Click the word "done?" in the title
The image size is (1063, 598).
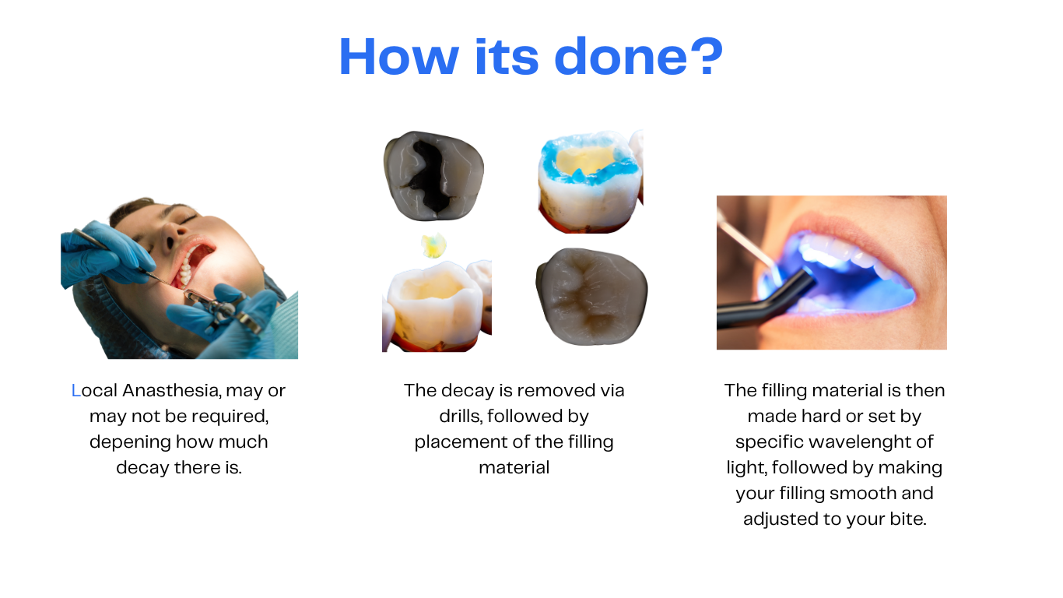tap(638, 57)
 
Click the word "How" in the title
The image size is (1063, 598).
tap(399, 57)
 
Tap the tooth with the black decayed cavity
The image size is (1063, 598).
tap(433, 176)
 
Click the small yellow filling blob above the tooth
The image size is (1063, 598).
tap(433, 245)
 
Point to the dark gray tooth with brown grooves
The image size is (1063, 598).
tap(591, 296)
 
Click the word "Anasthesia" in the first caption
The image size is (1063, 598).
tap(171, 390)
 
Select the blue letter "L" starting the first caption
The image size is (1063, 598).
tap(75, 390)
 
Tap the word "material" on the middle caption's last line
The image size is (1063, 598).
tap(514, 468)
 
